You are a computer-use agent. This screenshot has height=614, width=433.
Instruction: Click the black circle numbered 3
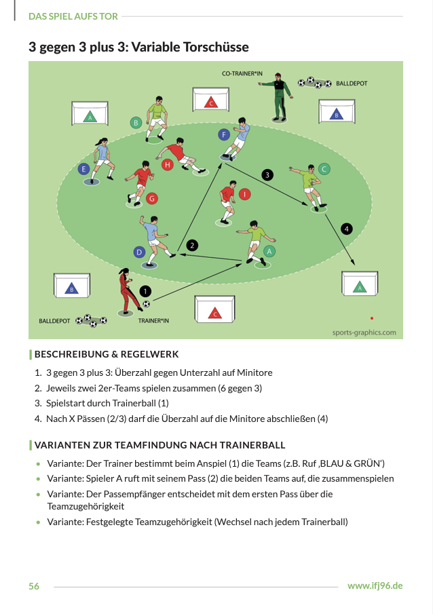[268, 175]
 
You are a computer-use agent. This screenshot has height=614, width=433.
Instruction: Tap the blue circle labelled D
[139, 252]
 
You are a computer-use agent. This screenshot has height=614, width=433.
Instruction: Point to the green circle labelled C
[324, 168]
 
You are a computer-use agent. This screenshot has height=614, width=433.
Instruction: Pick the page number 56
[34, 586]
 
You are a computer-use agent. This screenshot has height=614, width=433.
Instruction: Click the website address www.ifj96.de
[375, 586]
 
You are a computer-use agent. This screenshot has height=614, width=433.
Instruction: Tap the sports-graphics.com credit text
[364, 332]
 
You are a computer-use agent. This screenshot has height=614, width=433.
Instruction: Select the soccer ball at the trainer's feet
[146, 304]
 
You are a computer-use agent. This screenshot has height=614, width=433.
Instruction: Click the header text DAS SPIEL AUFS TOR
[73, 16]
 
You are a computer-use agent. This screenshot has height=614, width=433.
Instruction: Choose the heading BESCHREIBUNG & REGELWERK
[107, 354]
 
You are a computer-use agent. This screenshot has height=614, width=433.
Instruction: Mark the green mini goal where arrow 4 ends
[359, 286]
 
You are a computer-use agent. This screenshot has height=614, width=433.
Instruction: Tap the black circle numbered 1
[145, 290]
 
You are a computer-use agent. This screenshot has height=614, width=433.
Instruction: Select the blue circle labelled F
[224, 134]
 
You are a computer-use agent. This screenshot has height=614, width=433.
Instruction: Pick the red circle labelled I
[245, 193]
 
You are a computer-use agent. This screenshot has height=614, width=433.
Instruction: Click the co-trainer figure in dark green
[278, 98]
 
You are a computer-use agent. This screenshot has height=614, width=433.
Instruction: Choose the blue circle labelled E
[84, 168]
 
